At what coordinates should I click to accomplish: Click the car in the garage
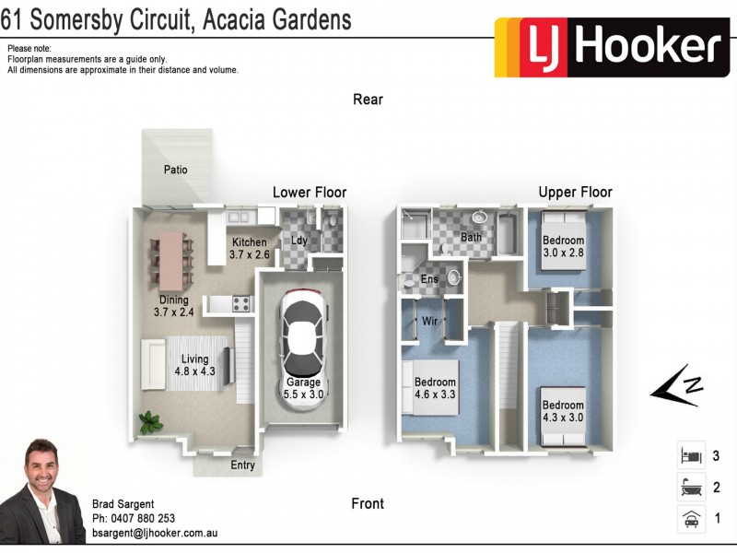pos(303,333)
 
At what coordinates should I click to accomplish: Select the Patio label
pos(176,170)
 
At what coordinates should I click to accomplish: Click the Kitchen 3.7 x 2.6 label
pos(249,249)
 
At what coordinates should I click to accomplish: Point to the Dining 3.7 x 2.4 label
pos(173,306)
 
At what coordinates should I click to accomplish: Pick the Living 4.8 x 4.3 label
pos(194,365)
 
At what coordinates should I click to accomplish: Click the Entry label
pos(242,465)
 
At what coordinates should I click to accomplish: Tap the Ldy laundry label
pos(299,241)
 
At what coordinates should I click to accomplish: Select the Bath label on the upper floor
pos(471,238)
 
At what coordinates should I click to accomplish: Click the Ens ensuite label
pos(429,279)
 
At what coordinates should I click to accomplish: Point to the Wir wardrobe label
pos(429,322)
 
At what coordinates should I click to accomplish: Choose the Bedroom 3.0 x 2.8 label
pos(563,246)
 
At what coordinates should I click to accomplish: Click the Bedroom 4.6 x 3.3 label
pos(435,388)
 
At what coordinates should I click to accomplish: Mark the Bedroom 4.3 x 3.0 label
pos(562,411)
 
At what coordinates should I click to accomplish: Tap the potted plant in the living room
pos(148,423)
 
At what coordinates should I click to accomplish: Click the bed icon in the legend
pos(690,455)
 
